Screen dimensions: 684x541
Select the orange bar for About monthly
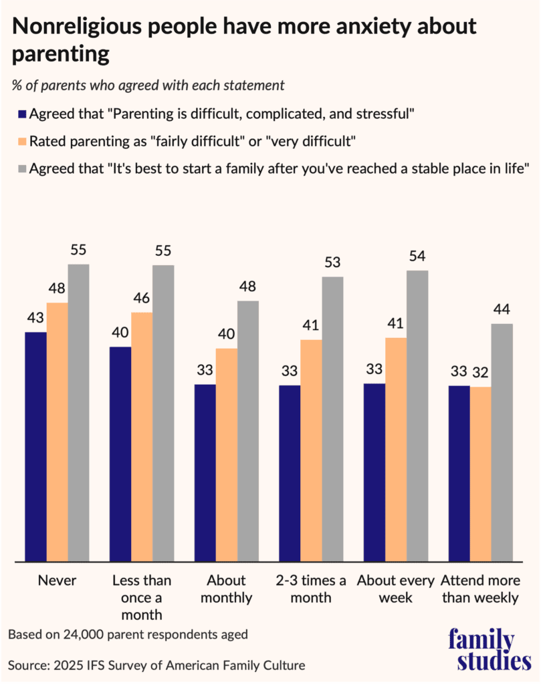pos(226,454)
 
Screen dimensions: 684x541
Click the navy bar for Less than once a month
pos(120,454)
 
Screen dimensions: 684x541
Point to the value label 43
pos(36,320)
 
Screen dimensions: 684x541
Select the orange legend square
pos(22,142)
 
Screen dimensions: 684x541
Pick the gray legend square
pos(22,170)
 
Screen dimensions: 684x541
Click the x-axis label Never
pos(58,580)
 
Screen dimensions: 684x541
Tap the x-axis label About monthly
pos(226,588)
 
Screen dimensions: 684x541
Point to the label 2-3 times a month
pos(311,588)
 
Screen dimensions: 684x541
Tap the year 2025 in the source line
pos(72,665)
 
